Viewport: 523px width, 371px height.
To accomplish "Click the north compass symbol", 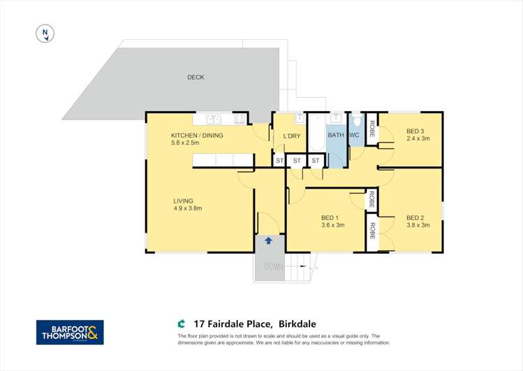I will pyautogui.click(x=45, y=32).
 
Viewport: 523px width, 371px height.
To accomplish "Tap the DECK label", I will pyautogui.click(x=196, y=78).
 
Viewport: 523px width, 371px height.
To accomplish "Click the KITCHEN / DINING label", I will pyautogui.click(x=197, y=136).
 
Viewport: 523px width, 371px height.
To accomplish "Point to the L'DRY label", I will pyautogui.click(x=291, y=136).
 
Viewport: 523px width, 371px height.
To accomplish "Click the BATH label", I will pyautogui.click(x=336, y=136).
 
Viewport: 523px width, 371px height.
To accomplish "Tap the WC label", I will pyautogui.click(x=354, y=136).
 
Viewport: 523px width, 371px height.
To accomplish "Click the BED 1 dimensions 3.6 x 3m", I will pyautogui.click(x=333, y=225).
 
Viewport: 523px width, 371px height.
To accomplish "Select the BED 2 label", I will pyautogui.click(x=415, y=217).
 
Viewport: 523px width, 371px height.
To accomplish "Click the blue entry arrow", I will pyautogui.click(x=268, y=241).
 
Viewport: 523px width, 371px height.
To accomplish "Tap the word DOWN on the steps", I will pyautogui.click(x=273, y=267).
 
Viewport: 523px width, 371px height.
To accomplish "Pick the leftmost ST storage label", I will pyautogui.click(x=279, y=161).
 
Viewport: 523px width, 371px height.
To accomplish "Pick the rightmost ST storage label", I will pyautogui.click(x=315, y=161).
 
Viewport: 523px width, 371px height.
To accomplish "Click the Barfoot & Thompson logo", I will pyautogui.click(x=70, y=332).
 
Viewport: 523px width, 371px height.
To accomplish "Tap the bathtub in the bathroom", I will pyautogui.click(x=316, y=137).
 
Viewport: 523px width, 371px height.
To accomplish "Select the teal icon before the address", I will pyautogui.click(x=182, y=323).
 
